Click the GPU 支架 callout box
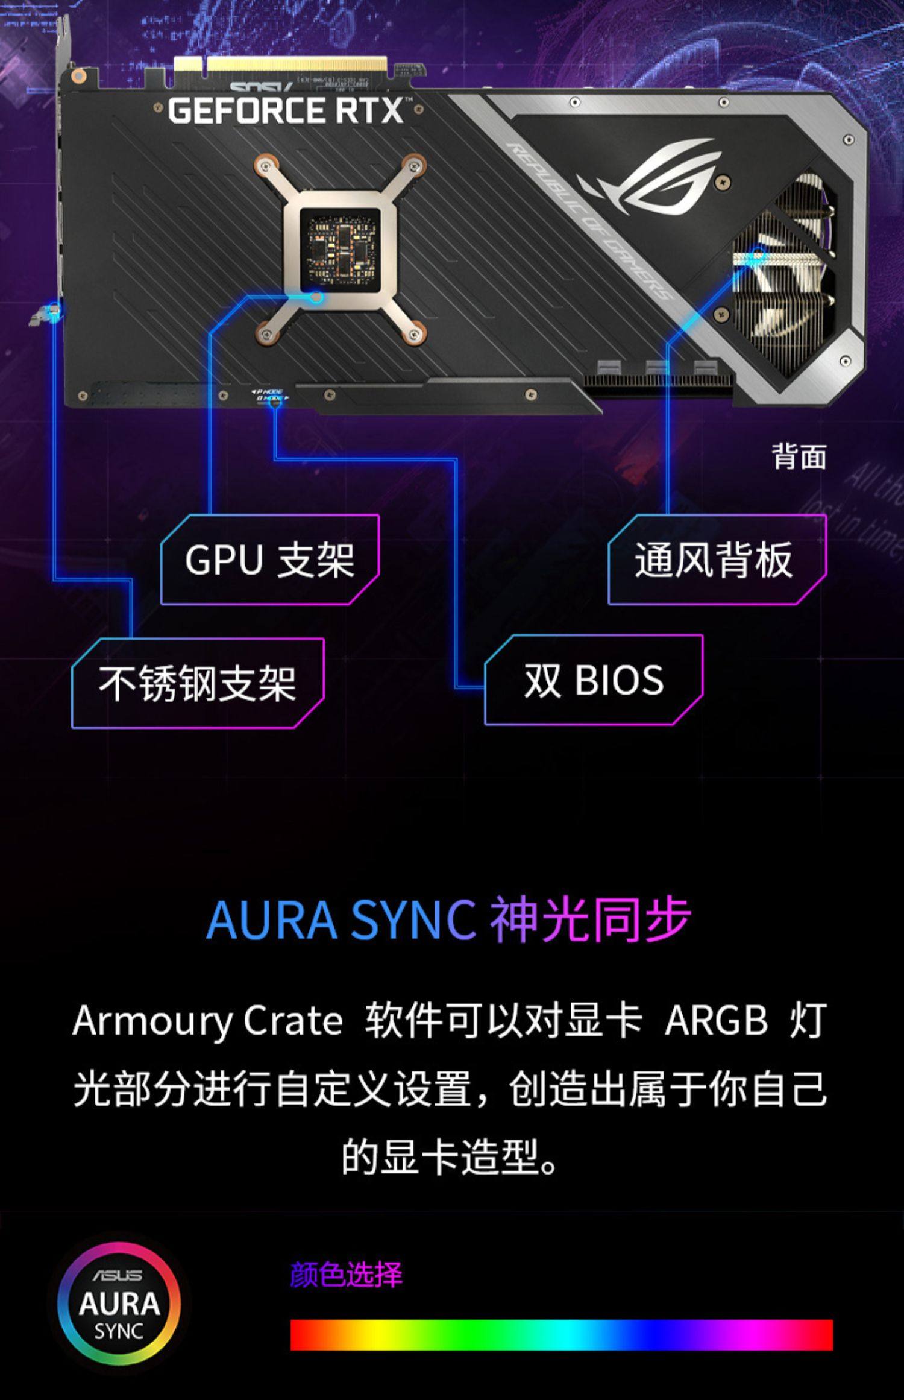tap(269, 560)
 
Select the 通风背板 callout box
tap(716, 560)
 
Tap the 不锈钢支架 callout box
tap(198, 683)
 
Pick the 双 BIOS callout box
tap(593, 680)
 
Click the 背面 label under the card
tap(799, 456)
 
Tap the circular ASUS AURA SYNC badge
tap(119, 1304)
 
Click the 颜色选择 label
tap(346, 1275)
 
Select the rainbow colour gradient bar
tap(561, 1334)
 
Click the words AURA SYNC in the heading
tap(341, 920)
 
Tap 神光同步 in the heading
tap(590, 920)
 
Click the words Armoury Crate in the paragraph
tap(208, 1021)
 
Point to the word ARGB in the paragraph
tap(716, 1021)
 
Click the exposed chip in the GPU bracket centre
tap(340, 247)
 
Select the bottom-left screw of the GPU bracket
tap(266, 333)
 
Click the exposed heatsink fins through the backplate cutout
tap(783, 277)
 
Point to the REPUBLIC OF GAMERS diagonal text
tap(591, 223)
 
